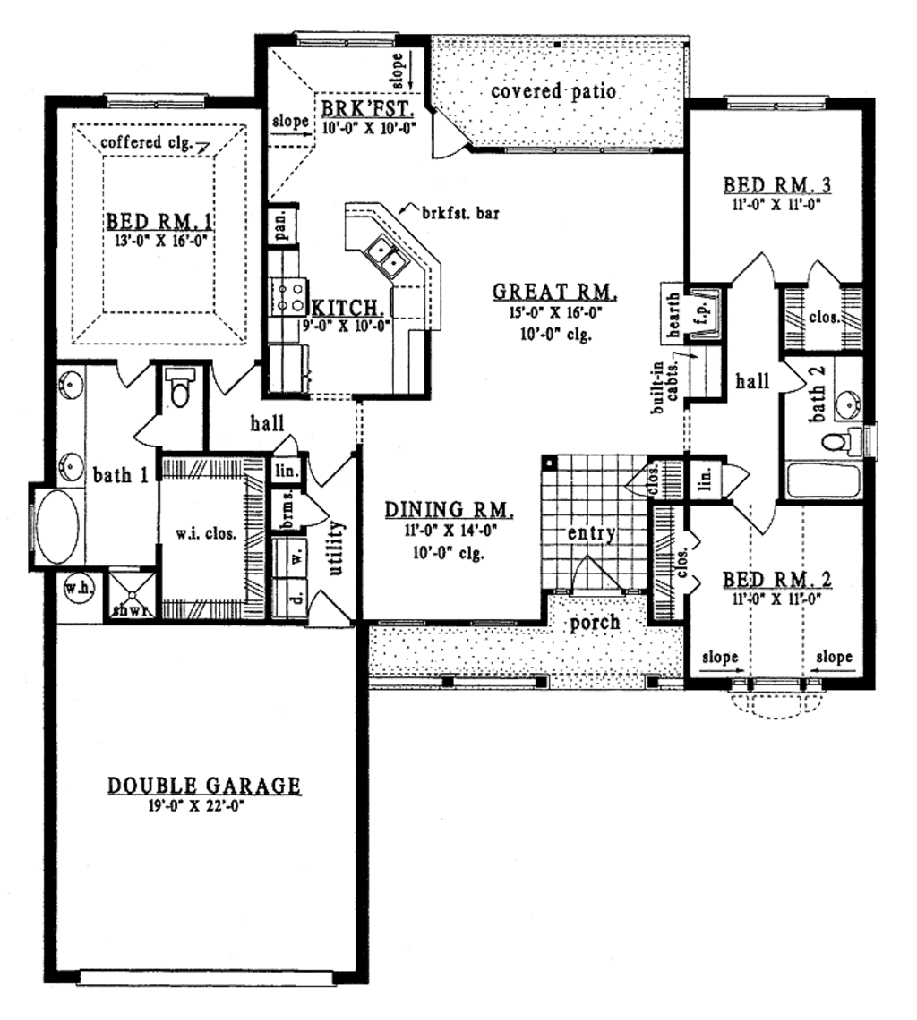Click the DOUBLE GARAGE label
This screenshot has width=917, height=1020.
click(x=204, y=786)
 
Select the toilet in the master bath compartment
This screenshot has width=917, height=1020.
click(x=182, y=391)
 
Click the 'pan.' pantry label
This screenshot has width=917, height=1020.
click(x=280, y=225)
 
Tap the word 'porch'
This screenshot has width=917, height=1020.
click(x=596, y=622)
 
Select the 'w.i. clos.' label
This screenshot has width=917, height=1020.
click(x=206, y=534)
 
